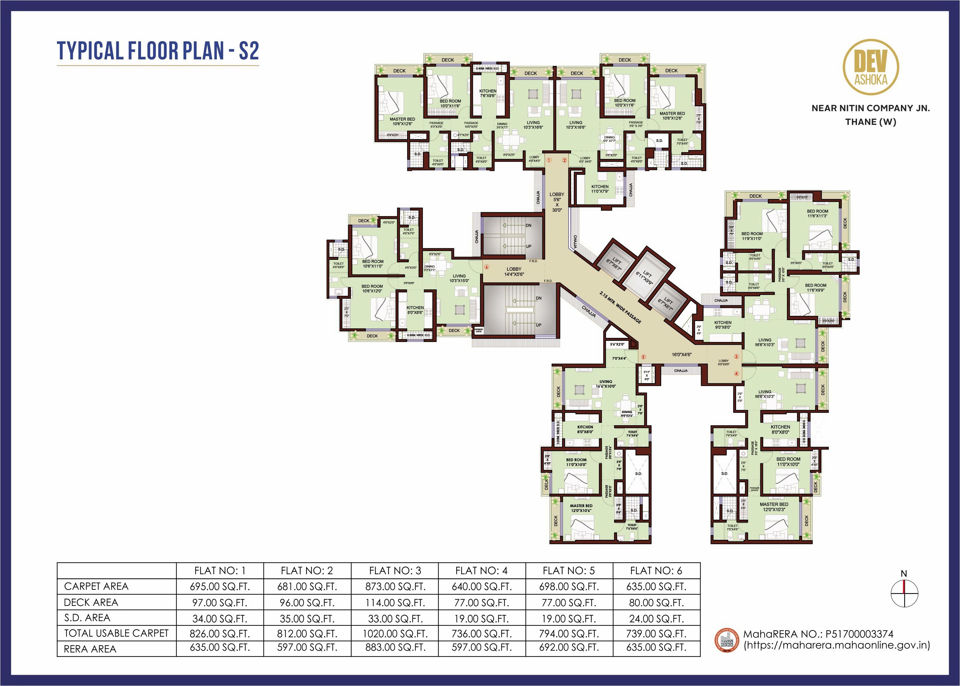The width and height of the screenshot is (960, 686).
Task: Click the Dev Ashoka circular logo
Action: [x=870, y=67]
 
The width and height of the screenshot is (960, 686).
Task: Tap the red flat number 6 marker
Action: [x=486, y=267]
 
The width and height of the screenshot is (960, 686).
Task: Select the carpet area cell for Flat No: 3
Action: [x=395, y=586]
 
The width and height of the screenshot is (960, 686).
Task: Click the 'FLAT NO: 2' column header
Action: [x=307, y=571]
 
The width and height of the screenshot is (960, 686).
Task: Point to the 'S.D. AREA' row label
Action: [x=87, y=617]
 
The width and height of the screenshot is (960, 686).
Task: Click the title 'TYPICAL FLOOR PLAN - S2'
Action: [x=157, y=51]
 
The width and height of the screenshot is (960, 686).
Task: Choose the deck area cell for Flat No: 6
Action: [x=656, y=602]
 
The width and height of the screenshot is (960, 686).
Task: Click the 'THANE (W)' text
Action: [x=870, y=122]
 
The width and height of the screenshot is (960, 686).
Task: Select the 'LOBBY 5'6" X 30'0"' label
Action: [x=557, y=202]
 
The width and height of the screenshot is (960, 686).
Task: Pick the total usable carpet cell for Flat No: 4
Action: [x=482, y=634]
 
